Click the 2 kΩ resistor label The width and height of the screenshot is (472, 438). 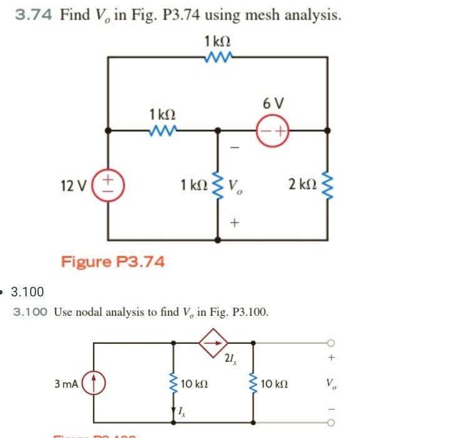302,185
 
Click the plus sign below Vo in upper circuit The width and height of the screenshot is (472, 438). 234,222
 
